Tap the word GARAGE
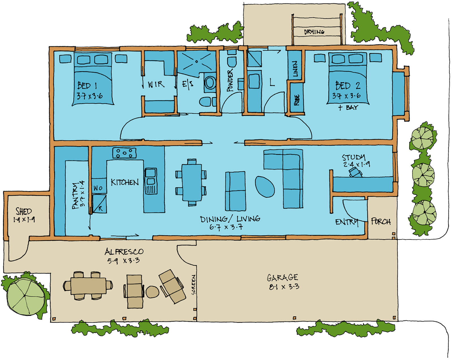pos(282,277)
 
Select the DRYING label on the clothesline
pos(314,32)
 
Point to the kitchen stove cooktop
pos(124,153)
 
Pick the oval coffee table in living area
pos(265,187)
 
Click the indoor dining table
pos(192,182)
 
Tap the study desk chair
pos(355,172)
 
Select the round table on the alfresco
pos(153,292)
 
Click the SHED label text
pos(24,211)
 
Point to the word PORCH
pos(381,221)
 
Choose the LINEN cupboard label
pos(295,69)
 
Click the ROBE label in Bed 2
pos(296,100)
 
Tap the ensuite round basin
pos(210,82)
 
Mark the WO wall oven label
pos(98,188)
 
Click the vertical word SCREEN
pos(193,285)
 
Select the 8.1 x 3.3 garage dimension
pos(284,287)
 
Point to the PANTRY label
pos(75,196)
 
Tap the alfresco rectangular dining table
pos(88,286)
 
